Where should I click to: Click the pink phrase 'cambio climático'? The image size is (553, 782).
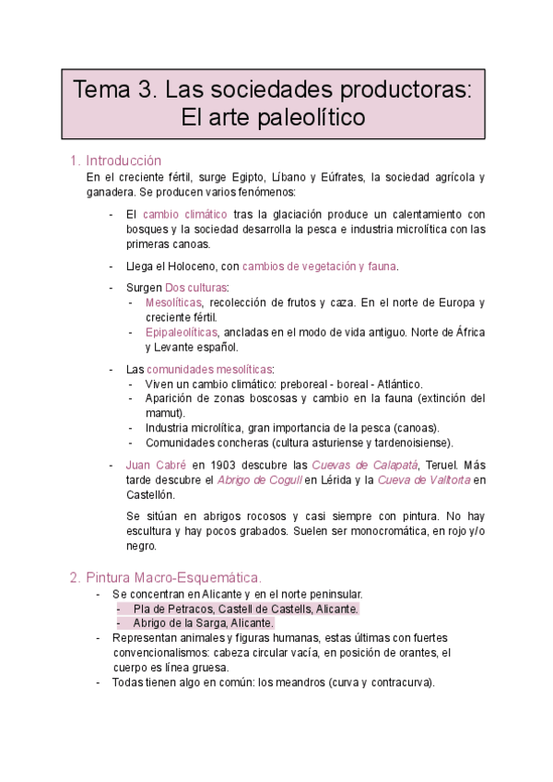(x=185, y=214)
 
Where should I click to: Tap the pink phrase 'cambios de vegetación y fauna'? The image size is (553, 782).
(x=319, y=267)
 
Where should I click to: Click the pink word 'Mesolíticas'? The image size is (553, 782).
(x=174, y=302)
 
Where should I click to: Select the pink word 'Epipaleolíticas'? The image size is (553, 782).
(x=182, y=332)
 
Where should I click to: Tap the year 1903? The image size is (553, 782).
(x=225, y=465)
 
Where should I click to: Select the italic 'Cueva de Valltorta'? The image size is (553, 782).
(x=425, y=480)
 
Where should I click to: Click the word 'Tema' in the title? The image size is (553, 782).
(x=102, y=90)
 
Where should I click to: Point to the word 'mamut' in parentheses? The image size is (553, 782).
(x=164, y=413)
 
